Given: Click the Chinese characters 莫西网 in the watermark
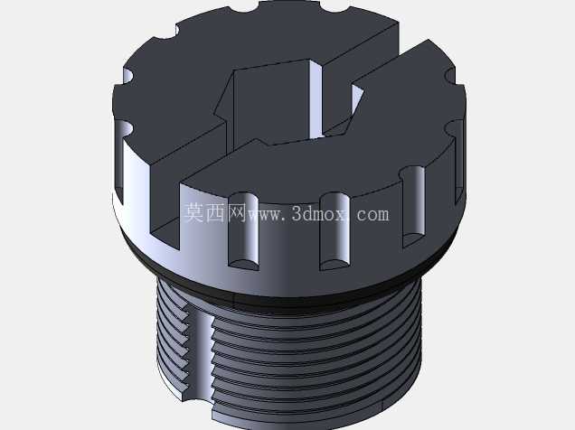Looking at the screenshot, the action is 215,213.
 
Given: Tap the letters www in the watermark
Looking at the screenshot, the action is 265,215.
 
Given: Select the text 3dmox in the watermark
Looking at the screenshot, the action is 318,213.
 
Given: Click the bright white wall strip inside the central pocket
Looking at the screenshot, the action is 316,98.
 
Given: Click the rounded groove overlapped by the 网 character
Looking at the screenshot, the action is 243,230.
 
